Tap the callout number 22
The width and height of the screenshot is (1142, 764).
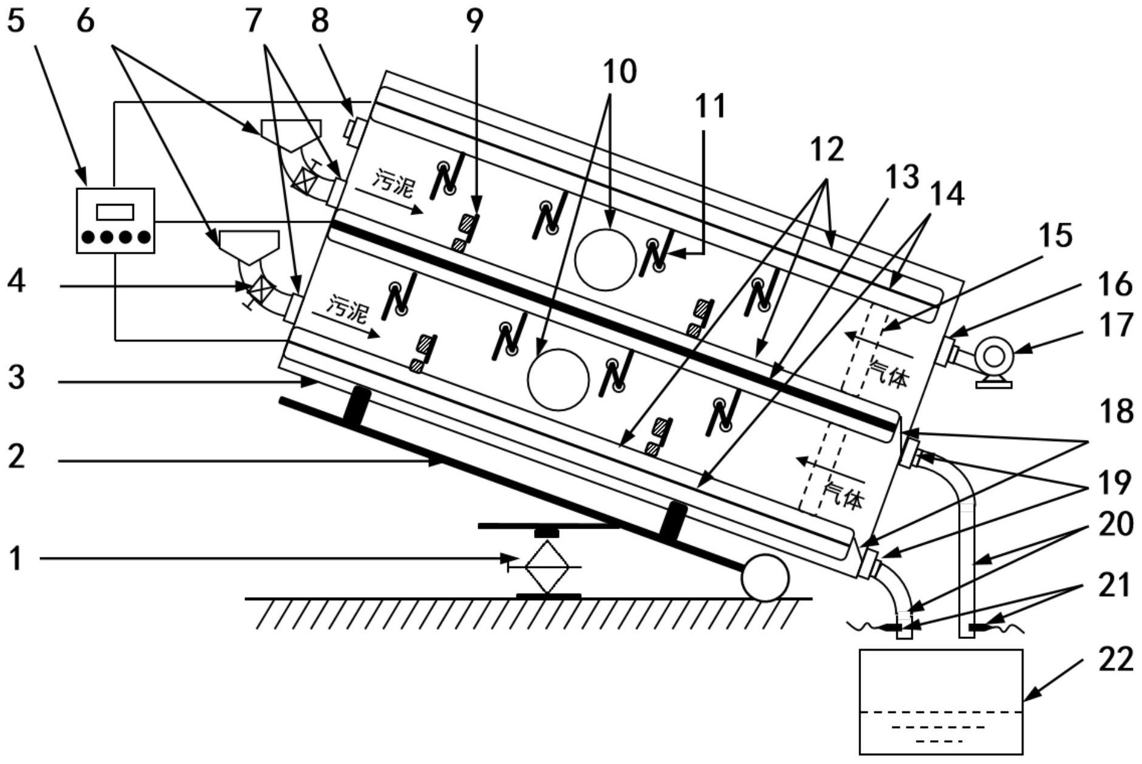coord(1115,660)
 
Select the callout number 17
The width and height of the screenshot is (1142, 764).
coord(1115,325)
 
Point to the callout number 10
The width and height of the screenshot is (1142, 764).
coord(619,71)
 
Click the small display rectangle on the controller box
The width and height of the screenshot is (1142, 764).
coord(115,212)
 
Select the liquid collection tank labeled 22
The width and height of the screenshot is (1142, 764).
coord(941,701)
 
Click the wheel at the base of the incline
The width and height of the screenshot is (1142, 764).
coord(765,578)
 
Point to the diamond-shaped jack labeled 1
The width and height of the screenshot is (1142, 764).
coord(547,566)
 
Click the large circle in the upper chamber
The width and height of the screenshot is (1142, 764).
coord(605,259)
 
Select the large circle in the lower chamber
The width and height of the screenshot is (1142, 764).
coord(558,380)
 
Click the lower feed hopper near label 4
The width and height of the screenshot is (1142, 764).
coord(249,245)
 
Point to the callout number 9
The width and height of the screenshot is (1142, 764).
coord(475,21)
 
